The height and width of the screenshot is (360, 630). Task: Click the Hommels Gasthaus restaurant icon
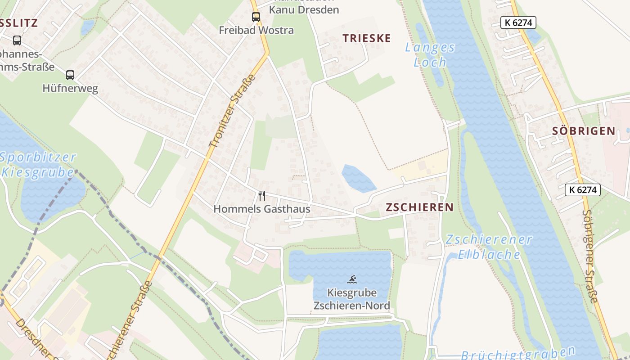point(262,196)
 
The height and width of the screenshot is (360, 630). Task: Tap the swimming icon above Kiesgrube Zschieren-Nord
point(352,279)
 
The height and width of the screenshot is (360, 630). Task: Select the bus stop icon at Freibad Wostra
point(256,18)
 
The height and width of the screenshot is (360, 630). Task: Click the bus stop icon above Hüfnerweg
point(70,75)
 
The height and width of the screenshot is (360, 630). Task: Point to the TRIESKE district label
point(367,38)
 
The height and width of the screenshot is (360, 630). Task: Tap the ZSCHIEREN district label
point(419,207)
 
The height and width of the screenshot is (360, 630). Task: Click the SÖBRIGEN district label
point(583,131)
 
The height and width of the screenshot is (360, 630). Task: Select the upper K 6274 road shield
point(518,22)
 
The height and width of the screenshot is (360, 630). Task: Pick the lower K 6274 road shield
point(582,190)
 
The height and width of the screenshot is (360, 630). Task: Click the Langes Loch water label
point(430,54)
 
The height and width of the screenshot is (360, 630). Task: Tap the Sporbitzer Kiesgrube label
point(38,165)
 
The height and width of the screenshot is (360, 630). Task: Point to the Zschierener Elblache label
point(489,247)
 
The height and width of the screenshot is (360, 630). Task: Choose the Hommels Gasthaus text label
point(261,209)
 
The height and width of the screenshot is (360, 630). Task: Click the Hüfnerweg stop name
point(70,88)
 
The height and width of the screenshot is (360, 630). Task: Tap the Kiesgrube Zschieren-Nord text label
point(351,299)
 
